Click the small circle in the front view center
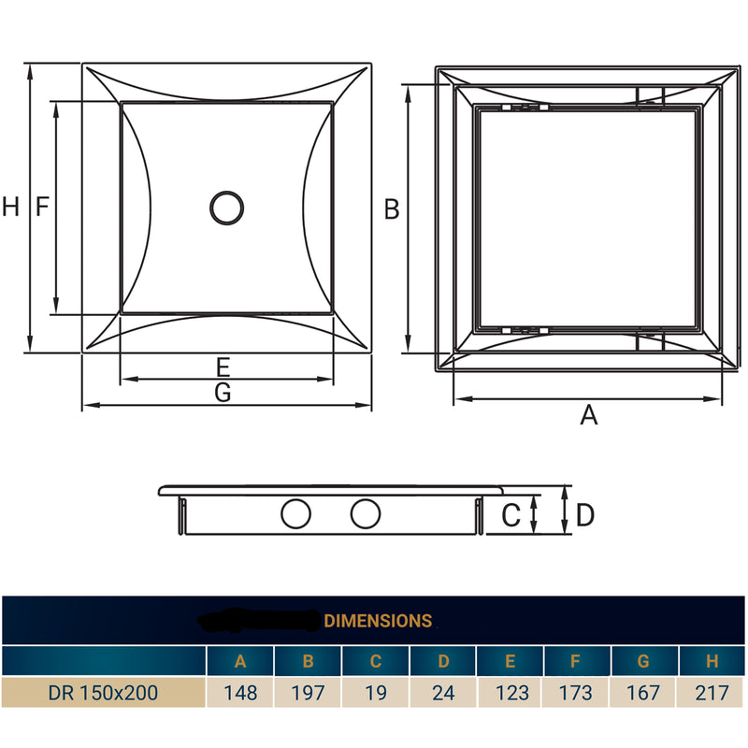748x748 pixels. (226, 208)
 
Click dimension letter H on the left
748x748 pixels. (10, 208)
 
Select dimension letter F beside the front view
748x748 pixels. (41, 208)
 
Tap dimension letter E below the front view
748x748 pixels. (223, 367)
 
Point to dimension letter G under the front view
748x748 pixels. (223, 394)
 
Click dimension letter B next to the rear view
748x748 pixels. (392, 209)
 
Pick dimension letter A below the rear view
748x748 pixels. (588, 415)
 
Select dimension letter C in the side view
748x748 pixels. (511, 514)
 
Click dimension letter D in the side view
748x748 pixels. (585, 514)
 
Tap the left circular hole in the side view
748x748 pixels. (296, 513)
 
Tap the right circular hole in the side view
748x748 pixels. (366, 513)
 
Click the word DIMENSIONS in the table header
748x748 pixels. (378, 620)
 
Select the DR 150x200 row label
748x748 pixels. (103, 693)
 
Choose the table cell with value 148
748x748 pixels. (240, 693)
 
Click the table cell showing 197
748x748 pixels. (308, 693)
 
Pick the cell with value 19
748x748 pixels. (375, 693)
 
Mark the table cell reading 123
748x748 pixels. (510, 693)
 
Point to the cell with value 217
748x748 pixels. (712, 693)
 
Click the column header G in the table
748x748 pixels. (643, 662)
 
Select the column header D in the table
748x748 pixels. (442, 662)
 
